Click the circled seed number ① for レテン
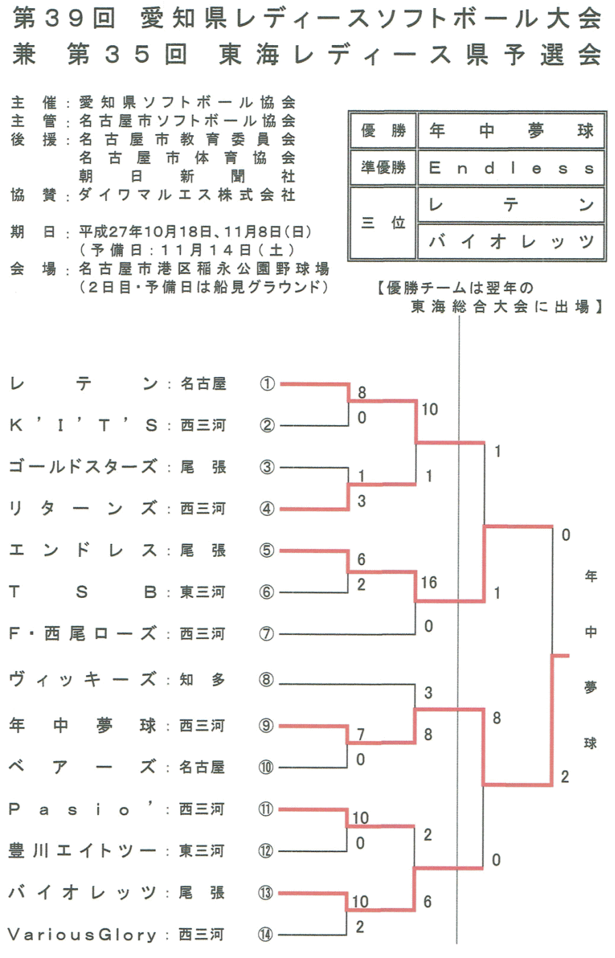(266, 384)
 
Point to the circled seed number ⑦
(266, 634)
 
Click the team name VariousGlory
(82, 934)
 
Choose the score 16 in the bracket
(428, 583)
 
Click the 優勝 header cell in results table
(383, 131)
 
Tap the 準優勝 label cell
(383, 167)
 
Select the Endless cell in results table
(511, 168)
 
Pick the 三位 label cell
(383, 223)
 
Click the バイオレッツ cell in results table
(511, 241)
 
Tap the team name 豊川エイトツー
(82, 851)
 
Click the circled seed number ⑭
(266, 934)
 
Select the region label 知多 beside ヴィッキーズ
(202, 680)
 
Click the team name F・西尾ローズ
(82, 634)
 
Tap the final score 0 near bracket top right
(566, 535)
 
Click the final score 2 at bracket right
(565, 777)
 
